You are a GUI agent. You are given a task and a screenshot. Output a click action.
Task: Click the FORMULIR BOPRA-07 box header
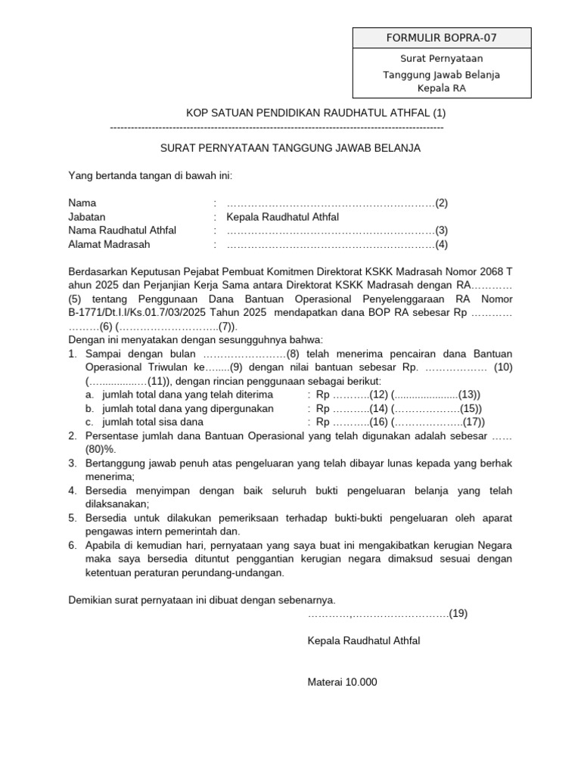tap(442, 38)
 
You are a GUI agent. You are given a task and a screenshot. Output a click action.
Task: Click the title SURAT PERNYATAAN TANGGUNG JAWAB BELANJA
tap(290, 148)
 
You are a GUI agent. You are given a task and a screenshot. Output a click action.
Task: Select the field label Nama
tap(82, 203)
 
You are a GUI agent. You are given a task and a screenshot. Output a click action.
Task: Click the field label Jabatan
tap(88, 217)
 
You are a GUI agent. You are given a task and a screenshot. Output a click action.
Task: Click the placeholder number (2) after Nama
tap(441, 203)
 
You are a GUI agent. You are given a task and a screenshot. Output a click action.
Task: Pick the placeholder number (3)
tap(441, 231)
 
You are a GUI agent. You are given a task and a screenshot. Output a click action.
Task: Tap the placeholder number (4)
tap(441, 244)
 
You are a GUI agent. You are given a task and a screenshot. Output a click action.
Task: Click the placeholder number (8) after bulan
tap(294, 354)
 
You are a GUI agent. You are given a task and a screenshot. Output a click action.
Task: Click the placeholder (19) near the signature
tap(458, 614)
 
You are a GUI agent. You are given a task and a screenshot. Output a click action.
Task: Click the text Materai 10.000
tap(342, 682)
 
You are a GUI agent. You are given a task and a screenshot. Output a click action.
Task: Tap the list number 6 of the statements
tap(72, 545)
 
